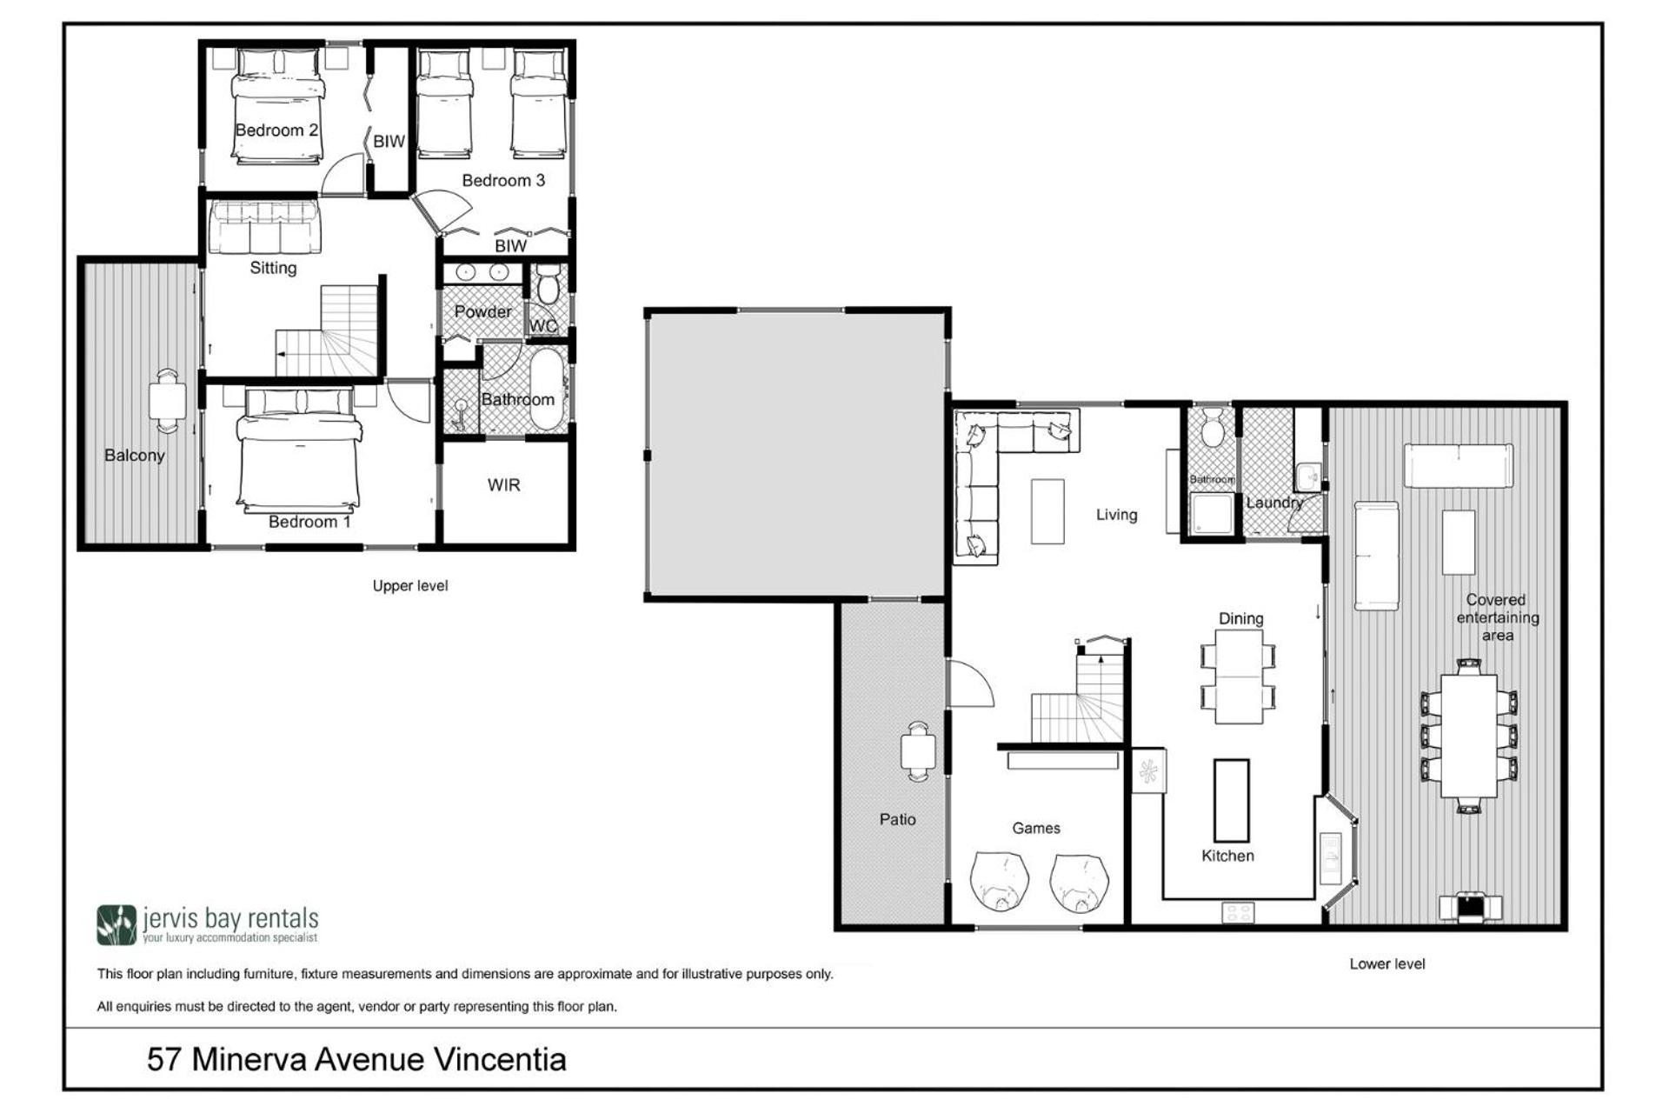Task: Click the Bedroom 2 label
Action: pos(276,130)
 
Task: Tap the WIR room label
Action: pos(504,485)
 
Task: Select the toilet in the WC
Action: pos(548,283)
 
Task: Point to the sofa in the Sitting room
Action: pos(263,226)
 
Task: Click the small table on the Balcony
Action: pos(167,401)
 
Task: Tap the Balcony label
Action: pos(135,455)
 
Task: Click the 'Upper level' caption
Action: pos(410,586)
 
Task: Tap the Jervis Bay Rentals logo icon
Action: pos(116,925)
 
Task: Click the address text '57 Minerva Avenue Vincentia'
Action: pos(356,1059)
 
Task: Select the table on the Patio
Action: pos(918,750)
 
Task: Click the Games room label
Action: pos(1036,828)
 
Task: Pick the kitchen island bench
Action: pos(1231,800)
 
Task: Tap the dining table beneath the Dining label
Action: pos(1239,676)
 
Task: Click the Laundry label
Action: pos(1274,503)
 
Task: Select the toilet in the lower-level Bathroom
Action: pos(1214,430)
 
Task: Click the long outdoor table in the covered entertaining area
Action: pos(1468,736)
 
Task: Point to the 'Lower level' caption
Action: pos(1387,963)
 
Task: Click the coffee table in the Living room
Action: pos(1047,511)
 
